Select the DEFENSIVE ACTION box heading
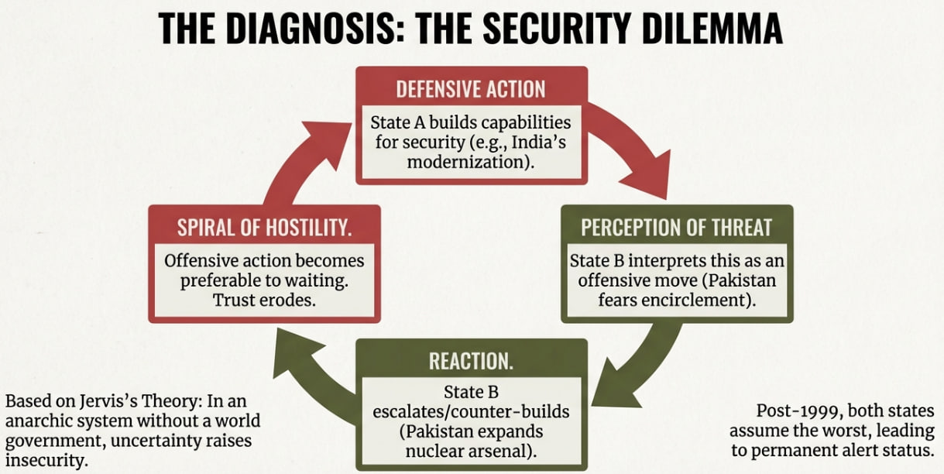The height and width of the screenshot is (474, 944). [471, 89]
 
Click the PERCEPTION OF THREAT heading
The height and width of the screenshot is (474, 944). [676, 227]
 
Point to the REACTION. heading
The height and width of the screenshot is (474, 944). [471, 361]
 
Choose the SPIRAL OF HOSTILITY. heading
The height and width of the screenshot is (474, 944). [265, 228]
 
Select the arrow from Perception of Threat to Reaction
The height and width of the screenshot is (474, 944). [635, 364]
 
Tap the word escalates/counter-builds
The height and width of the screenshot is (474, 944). [470, 412]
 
